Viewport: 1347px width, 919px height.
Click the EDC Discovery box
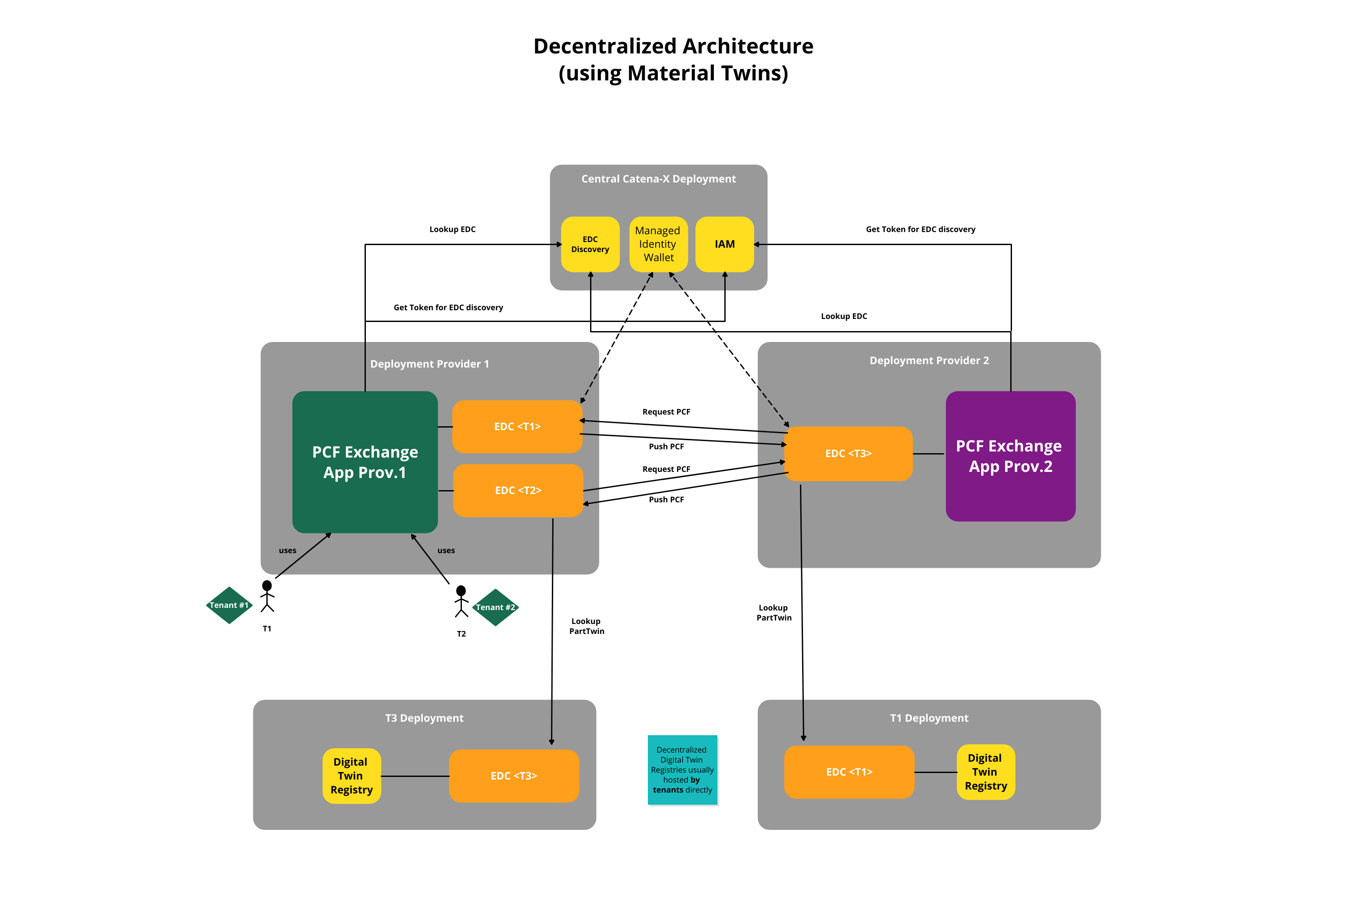(x=590, y=244)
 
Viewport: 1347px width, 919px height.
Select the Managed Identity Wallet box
(x=658, y=244)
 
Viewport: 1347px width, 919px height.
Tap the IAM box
(x=724, y=244)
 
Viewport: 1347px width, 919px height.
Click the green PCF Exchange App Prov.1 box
(x=365, y=462)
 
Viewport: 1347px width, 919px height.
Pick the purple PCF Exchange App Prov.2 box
(x=1010, y=456)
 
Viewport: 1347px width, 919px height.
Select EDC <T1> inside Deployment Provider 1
(x=517, y=426)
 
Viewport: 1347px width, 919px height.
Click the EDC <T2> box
(x=518, y=490)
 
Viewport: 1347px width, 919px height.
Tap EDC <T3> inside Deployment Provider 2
(x=848, y=453)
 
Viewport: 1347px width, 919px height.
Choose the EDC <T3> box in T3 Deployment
(x=514, y=776)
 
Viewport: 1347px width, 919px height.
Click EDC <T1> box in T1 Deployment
(x=849, y=772)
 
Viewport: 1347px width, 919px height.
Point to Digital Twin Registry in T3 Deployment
(x=351, y=776)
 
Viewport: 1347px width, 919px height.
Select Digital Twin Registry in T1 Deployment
(x=985, y=772)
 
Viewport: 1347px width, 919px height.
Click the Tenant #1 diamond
(x=229, y=605)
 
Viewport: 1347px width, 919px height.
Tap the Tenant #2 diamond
(x=495, y=607)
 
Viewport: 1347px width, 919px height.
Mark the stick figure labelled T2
(x=461, y=601)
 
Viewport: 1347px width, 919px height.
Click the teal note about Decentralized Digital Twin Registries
(x=682, y=770)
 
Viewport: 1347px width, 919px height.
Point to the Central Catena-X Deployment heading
(x=658, y=179)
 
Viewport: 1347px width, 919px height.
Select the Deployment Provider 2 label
(x=929, y=360)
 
